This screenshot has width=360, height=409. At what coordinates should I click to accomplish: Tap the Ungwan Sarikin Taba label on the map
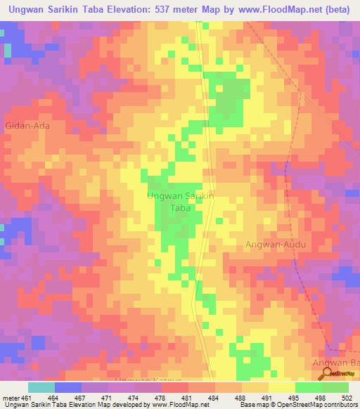(181, 202)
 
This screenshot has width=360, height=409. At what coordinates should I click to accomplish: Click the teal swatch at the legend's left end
(41, 387)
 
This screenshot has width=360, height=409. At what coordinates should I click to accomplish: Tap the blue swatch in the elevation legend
(68, 387)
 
